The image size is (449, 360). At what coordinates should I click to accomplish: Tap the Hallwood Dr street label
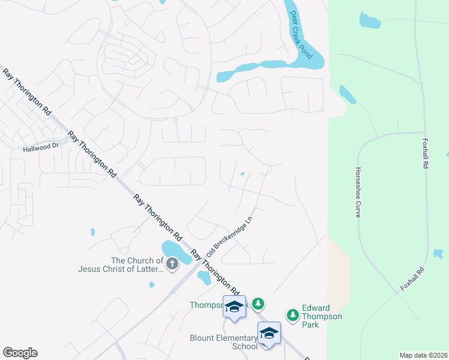tap(41, 146)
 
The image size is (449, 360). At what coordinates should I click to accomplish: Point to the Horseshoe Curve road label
tap(358, 192)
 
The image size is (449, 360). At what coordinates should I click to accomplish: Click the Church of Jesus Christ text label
tap(121, 265)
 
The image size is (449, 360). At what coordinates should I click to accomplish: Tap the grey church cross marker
tap(173, 264)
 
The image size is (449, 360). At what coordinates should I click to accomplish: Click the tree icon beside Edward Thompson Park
tap(293, 315)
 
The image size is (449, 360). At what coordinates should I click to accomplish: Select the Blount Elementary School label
tap(223, 342)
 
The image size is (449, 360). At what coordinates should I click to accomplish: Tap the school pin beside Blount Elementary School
tap(269, 333)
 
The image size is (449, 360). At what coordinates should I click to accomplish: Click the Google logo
tap(20, 353)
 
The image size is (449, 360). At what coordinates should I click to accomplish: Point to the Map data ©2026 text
tap(423, 355)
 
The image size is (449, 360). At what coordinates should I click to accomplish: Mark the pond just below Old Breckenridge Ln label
tap(204, 277)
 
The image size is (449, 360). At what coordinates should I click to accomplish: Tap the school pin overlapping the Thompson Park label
tap(235, 307)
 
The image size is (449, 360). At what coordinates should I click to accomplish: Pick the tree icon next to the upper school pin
tap(258, 305)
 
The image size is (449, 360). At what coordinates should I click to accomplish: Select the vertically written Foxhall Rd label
tap(426, 154)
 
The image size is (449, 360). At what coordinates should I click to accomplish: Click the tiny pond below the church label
tap(151, 284)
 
